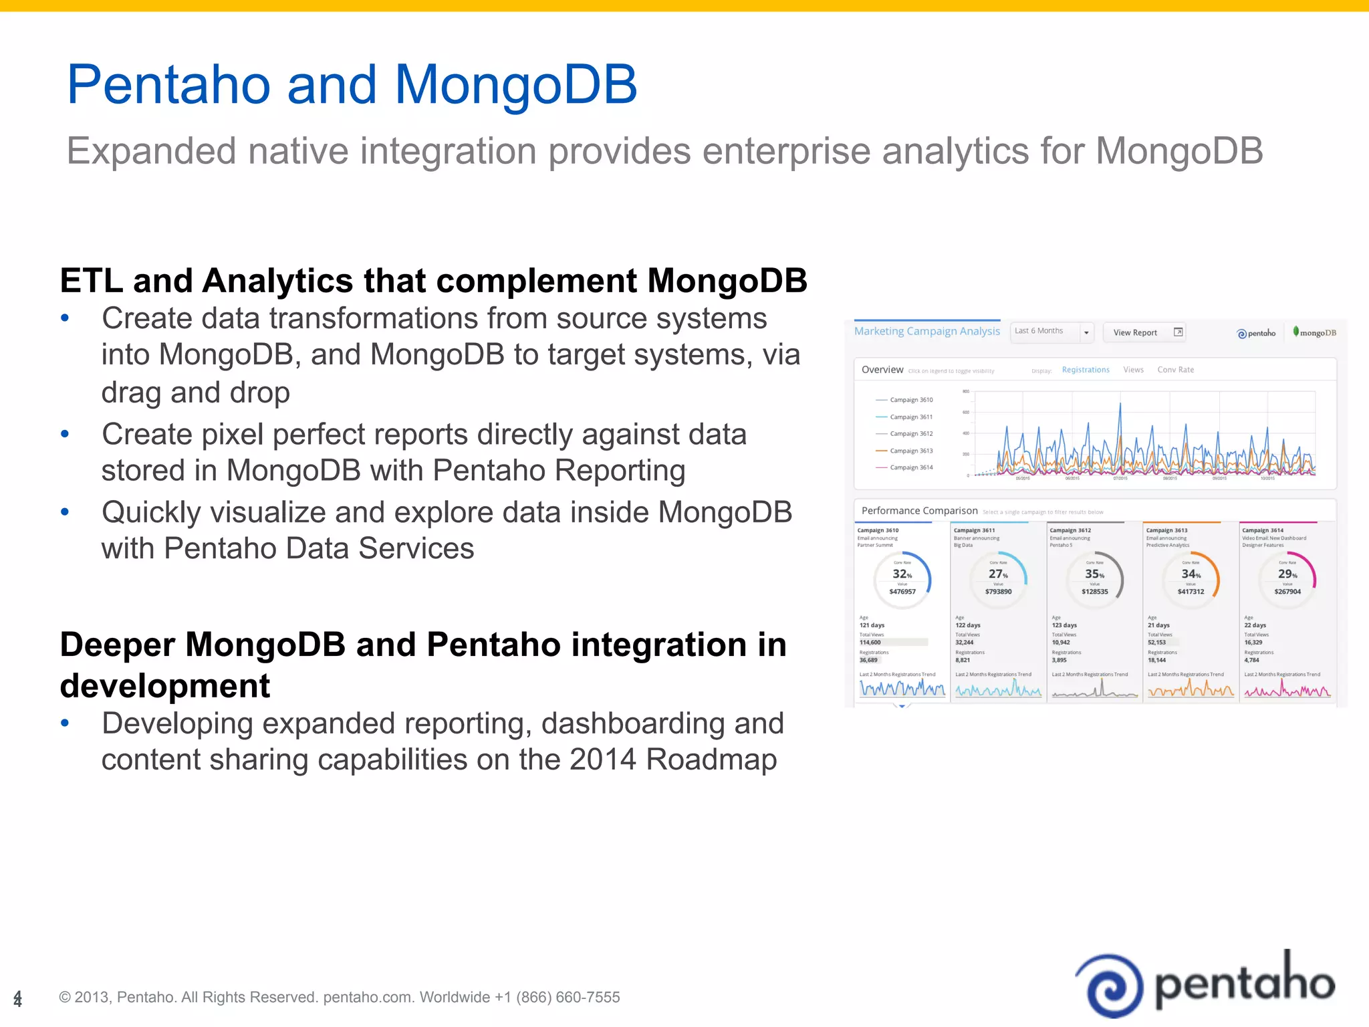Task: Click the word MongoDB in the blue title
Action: pyautogui.click(x=515, y=85)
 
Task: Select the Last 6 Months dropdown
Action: pyautogui.click(x=1051, y=332)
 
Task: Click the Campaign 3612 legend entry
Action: pyautogui.click(x=910, y=434)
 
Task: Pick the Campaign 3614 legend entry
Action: pyautogui.click(x=910, y=467)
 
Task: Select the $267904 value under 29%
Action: pyautogui.click(x=1287, y=592)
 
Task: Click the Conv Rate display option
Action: pyautogui.click(x=1175, y=370)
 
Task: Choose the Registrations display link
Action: pyautogui.click(x=1086, y=370)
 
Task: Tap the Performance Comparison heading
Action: pyautogui.click(x=919, y=511)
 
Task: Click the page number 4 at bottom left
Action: pyautogui.click(x=18, y=998)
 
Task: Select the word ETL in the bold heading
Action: pyautogui.click(x=92, y=281)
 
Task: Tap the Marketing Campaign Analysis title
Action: pyautogui.click(x=926, y=331)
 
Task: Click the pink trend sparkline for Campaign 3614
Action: pyautogui.click(x=1287, y=690)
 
